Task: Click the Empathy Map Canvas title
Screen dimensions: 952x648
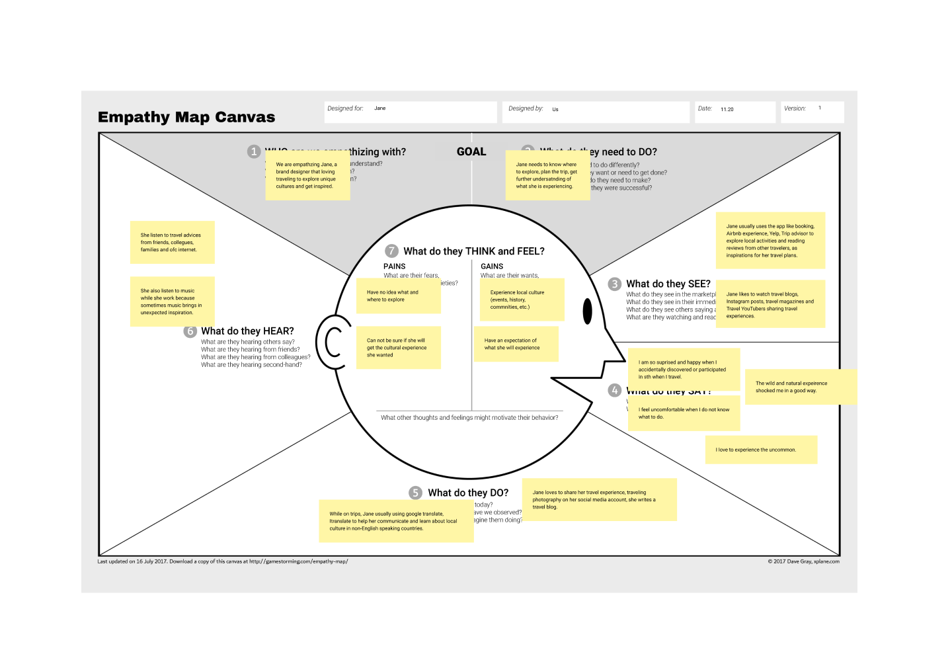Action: click(x=186, y=117)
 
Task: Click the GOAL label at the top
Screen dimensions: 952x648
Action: click(x=471, y=152)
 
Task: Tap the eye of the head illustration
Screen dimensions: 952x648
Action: click(x=587, y=311)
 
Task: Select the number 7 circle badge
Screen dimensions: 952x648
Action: click(x=392, y=251)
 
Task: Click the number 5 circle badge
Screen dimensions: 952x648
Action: click(x=415, y=493)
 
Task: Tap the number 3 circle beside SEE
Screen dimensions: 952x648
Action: click(x=615, y=284)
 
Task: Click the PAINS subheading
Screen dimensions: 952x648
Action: click(x=395, y=266)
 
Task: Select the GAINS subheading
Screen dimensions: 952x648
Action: click(x=492, y=266)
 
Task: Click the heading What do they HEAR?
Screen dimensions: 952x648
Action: click(x=247, y=331)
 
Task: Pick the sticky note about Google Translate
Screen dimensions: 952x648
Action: click(x=396, y=521)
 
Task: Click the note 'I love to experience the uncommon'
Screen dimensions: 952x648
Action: click(x=761, y=450)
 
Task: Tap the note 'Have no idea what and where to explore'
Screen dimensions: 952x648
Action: click(x=398, y=296)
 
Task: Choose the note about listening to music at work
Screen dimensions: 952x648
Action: click(x=172, y=302)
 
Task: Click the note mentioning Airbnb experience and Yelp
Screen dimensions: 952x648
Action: click(x=770, y=241)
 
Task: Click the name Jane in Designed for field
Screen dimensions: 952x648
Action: click(x=380, y=108)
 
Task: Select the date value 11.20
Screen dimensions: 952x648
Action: click(x=727, y=110)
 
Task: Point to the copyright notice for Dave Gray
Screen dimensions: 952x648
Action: click(x=803, y=561)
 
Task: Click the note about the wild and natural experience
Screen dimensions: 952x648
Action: click(x=799, y=387)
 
